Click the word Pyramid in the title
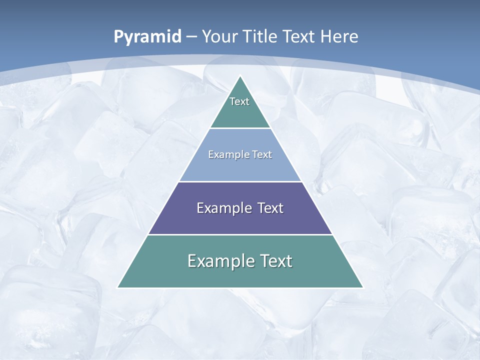point(147,37)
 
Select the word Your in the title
point(220,36)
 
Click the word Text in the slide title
point(299,36)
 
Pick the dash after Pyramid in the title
point(191,37)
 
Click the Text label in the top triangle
point(239,101)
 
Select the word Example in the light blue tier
point(225,154)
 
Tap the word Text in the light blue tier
point(262,154)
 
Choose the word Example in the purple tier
point(222,208)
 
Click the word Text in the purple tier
point(270,208)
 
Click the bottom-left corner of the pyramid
point(118,287)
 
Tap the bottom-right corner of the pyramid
point(362,287)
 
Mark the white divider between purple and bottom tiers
point(240,234)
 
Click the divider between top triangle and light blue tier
point(240,128)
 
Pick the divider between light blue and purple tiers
point(240,181)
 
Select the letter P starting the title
point(118,37)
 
